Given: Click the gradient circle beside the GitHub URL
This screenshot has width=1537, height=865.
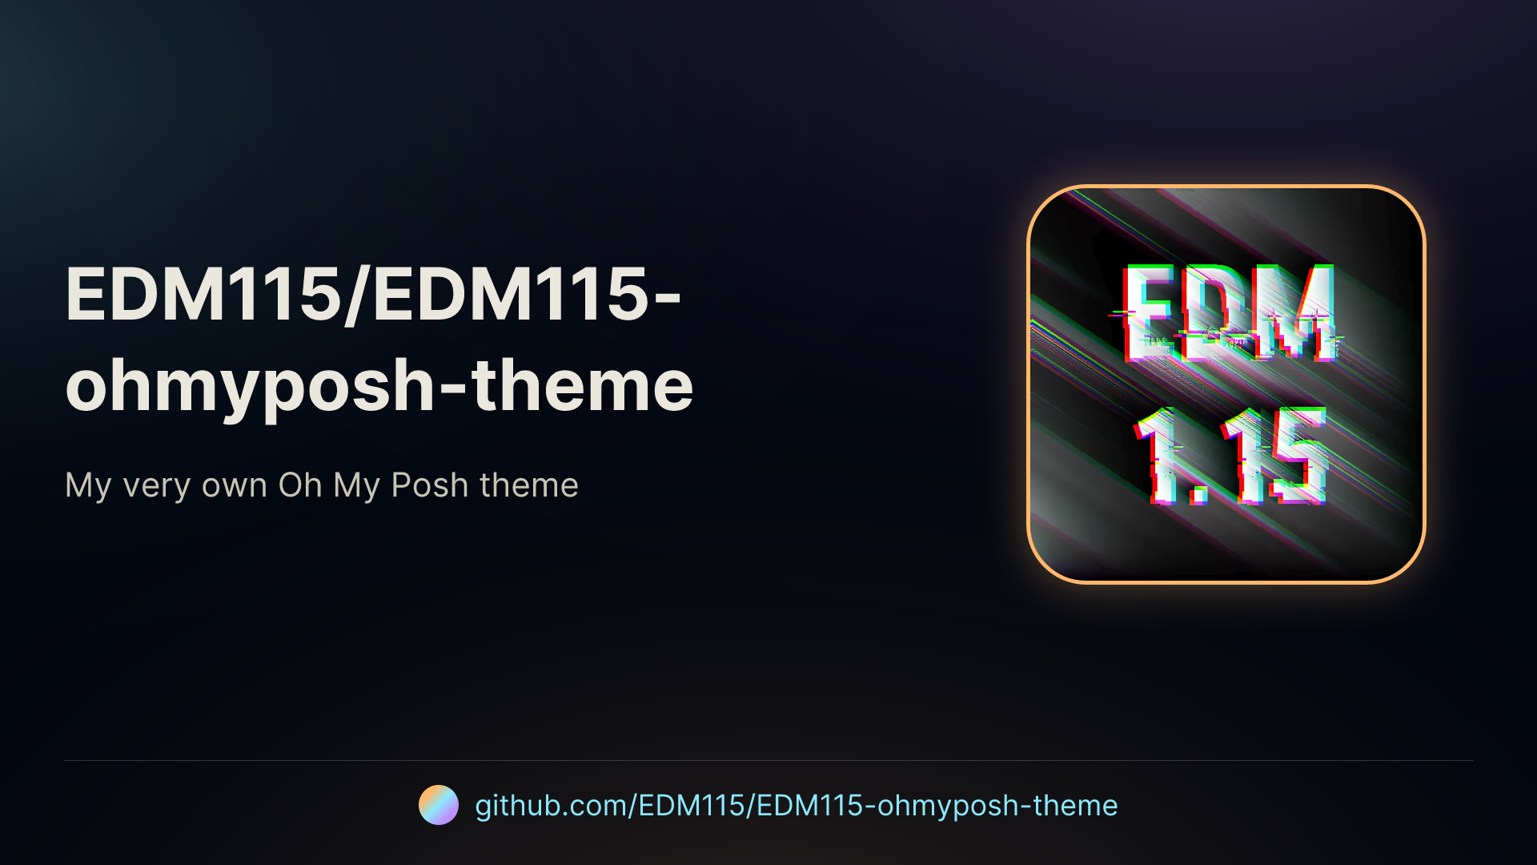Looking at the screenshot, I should [x=439, y=805].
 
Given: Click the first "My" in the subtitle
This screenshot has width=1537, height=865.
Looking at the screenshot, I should [x=88, y=486].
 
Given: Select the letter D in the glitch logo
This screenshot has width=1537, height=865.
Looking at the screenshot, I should [x=1217, y=312].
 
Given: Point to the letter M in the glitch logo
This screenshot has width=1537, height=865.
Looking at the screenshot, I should [x=1293, y=312].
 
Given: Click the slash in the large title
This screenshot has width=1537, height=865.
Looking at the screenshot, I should [x=358, y=295].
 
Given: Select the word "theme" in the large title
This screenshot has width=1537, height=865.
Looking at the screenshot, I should [x=582, y=385].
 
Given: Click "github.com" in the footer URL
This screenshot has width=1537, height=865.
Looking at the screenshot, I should [x=552, y=806].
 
